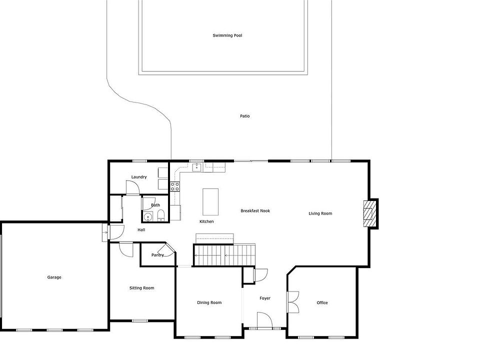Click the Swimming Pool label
(227, 35)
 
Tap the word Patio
(244, 116)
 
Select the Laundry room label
(139, 177)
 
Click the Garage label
(54, 277)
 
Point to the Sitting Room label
(141, 288)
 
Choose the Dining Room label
(209, 303)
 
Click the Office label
(322, 303)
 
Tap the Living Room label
(320, 213)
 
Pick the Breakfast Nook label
(255, 211)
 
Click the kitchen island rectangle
(210, 202)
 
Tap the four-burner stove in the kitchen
(175, 186)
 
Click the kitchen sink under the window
(196, 167)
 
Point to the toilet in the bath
(161, 215)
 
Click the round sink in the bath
(148, 216)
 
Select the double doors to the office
(292, 302)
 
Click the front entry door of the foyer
(264, 320)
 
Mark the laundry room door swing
(132, 187)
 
